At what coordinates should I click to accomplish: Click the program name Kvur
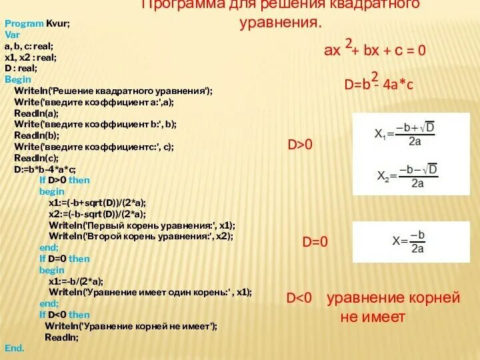pyautogui.click(x=58, y=23)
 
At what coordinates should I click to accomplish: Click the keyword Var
pyautogui.click(x=13, y=34)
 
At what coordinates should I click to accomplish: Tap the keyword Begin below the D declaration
pyautogui.click(x=18, y=79)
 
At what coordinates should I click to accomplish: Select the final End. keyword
pyautogui.click(x=15, y=348)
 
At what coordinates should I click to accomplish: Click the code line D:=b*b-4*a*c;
pyautogui.click(x=45, y=169)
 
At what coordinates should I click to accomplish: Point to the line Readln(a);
pyautogui.click(x=37, y=113)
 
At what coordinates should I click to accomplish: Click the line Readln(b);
pyautogui.click(x=37, y=135)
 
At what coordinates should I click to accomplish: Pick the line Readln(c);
pyautogui.click(x=37, y=158)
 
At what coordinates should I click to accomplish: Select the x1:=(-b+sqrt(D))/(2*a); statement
pyautogui.click(x=97, y=203)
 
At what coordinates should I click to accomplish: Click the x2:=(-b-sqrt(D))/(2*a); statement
pyautogui.click(x=97, y=214)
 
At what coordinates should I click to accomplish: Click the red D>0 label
pyautogui.click(x=300, y=145)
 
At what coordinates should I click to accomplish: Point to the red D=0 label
pyautogui.click(x=315, y=242)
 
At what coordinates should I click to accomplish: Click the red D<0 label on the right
pyautogui.click(x=300, y=298)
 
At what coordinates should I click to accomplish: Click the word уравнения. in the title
pyautogui.click(x=281, y=23)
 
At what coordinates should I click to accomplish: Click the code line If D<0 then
pyautogui.click(x=64, y=315)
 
